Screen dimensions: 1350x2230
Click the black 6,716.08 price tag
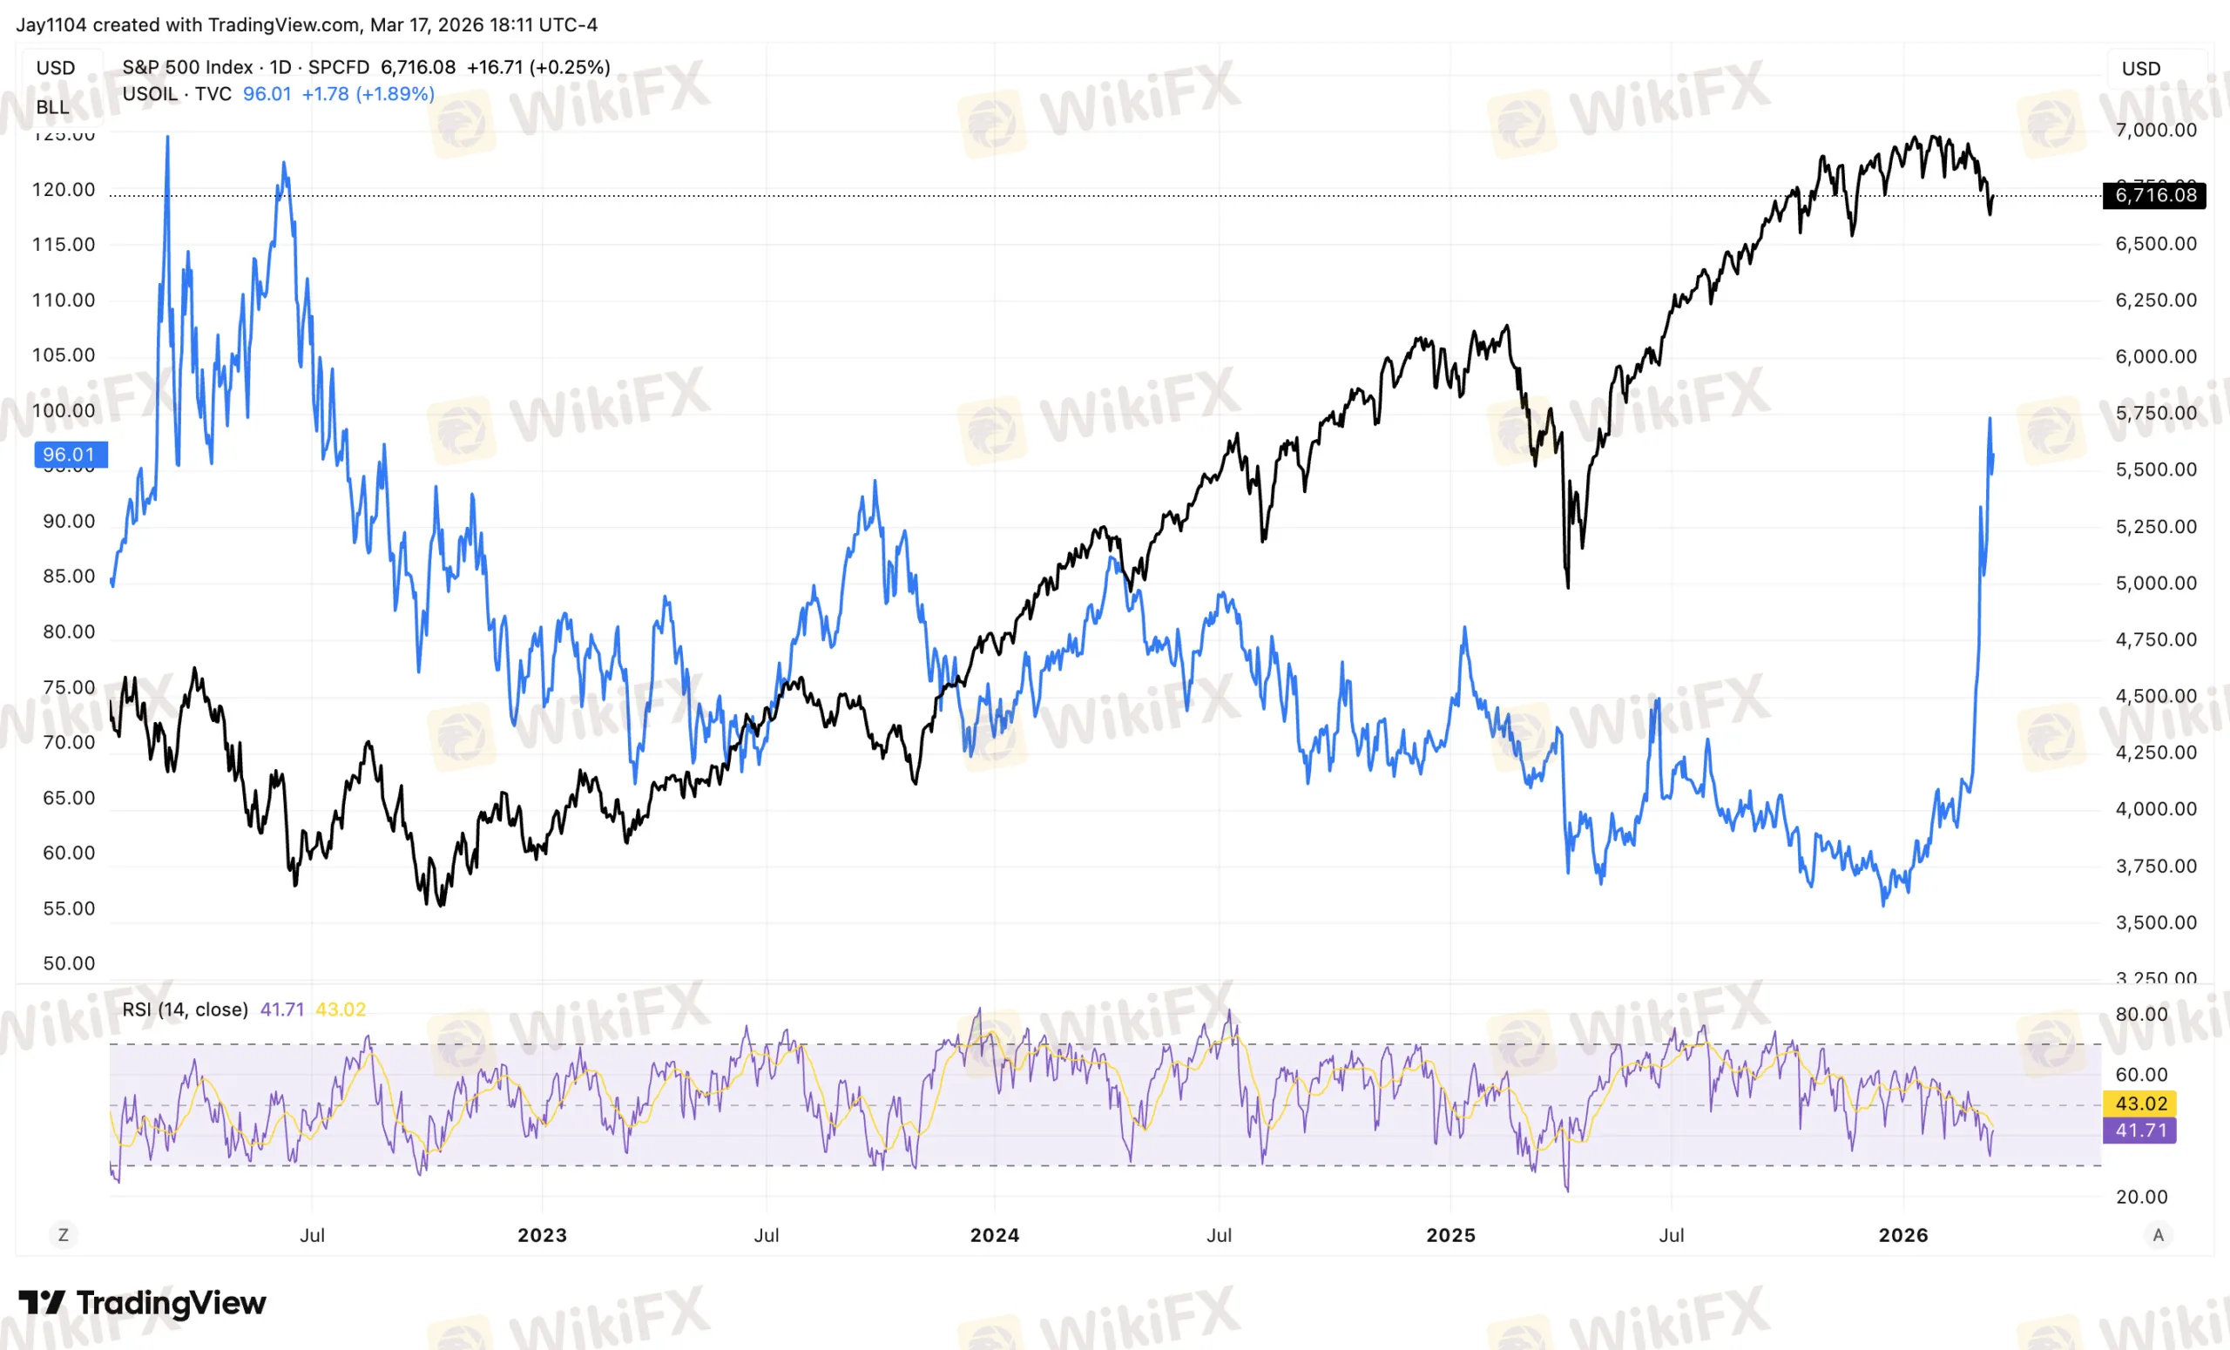[2154, 195]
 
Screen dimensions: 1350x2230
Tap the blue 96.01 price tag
[70, 455]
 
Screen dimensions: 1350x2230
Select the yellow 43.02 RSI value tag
[2140, 1104]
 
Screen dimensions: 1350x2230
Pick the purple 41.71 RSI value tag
[2140, 1131]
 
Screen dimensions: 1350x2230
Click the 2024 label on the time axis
[994, 1235]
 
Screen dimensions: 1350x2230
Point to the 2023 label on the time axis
[541, 1235]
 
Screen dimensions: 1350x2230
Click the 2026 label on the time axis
[1902, 1235]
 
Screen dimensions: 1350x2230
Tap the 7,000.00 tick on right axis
[2155, 131]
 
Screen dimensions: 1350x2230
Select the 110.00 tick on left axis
[64, 300]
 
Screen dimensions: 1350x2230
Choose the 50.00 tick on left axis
[69, 963]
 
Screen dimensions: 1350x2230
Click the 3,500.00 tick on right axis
[2155, 923]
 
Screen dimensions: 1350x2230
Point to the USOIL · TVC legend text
[177, 94]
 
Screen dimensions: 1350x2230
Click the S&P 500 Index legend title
[187, 67]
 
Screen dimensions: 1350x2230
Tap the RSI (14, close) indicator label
[185, 1009]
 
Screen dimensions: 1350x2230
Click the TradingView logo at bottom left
[142, 1303]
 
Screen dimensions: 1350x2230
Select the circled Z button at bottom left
[63, 1235]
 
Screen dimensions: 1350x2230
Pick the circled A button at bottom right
[2158, 1235]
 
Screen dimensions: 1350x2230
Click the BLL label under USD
[52, 107]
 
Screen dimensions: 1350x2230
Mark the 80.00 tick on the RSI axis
[2140, 1015]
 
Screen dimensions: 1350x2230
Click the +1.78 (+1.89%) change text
[368, 94]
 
